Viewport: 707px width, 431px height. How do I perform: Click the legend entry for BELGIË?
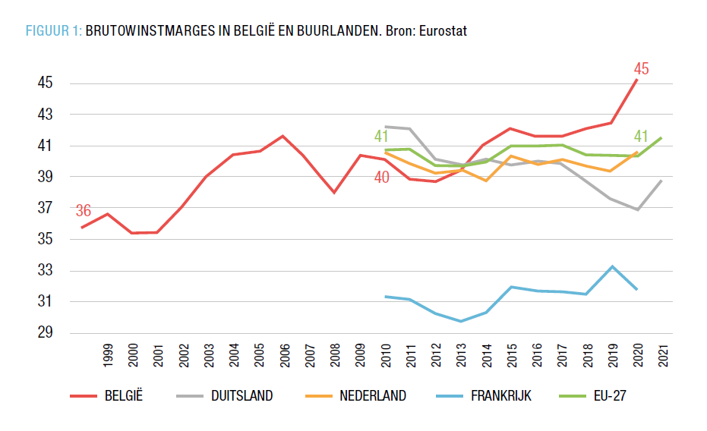point(125,396)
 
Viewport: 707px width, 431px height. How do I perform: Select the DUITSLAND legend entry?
point(241,396)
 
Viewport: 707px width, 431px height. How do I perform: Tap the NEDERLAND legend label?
point(373,396)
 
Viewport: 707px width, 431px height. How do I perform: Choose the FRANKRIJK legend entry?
point(502,396)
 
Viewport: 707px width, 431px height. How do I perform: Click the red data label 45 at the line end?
point(641,69)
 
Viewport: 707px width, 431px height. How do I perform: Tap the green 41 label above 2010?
point(382,137)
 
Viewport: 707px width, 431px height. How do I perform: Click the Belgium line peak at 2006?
point(283,136)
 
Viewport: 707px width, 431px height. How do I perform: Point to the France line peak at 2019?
point(611,266)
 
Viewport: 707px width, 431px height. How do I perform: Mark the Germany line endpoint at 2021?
point(661,181)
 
